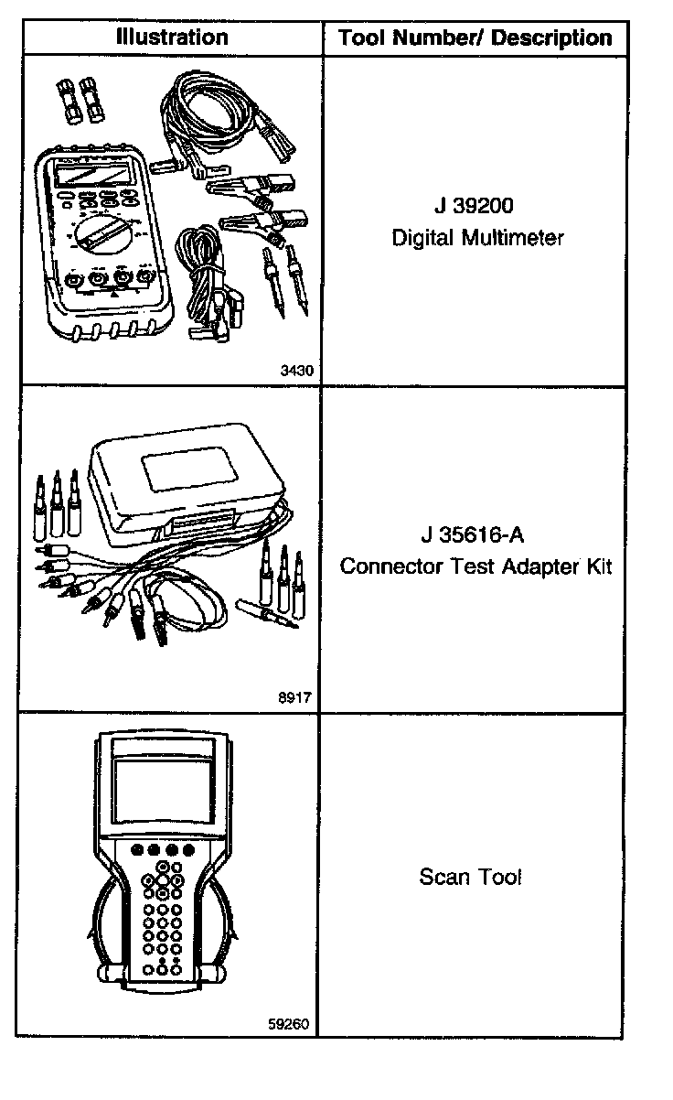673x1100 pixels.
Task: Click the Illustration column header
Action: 172,38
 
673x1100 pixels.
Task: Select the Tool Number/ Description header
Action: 475,38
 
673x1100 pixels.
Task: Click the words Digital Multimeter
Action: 477,239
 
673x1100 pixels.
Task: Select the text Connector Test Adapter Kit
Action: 475,566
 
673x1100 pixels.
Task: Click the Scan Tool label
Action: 470,877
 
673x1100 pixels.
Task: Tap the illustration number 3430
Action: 297,371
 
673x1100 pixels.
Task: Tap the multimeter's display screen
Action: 90,174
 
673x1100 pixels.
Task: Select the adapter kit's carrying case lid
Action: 184,476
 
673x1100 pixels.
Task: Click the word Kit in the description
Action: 597,566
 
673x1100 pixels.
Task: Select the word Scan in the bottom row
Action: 442,877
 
